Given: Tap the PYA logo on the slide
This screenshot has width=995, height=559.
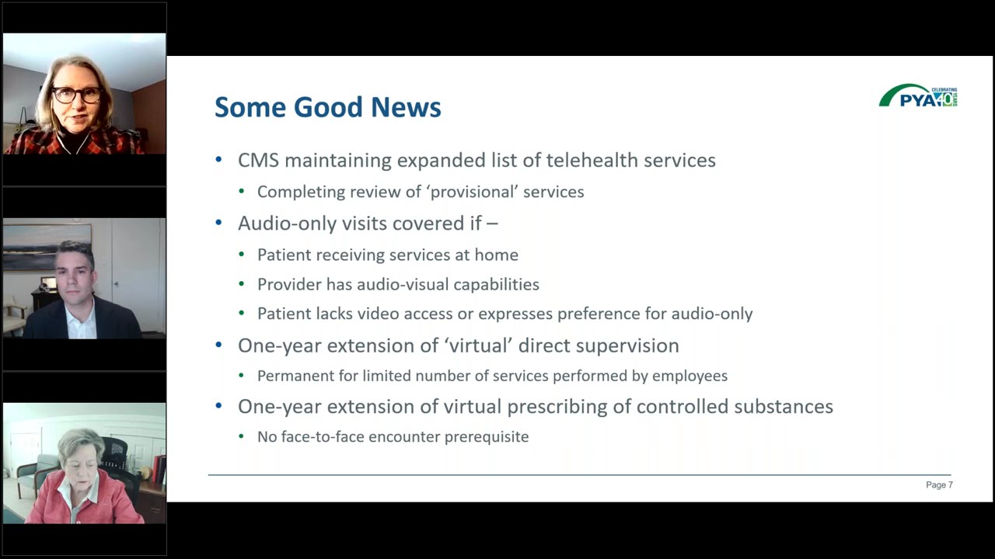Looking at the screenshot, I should (x=918, y=96).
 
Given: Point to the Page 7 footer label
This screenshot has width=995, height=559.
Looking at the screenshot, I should (x=939, y=485).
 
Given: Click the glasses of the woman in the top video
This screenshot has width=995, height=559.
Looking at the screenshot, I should (x=77, y=95).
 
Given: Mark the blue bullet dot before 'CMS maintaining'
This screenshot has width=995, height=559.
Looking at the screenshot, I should (x=219, y=161).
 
